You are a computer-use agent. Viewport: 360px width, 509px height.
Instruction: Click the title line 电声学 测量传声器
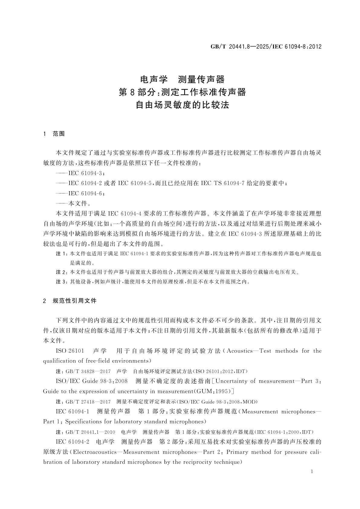183,79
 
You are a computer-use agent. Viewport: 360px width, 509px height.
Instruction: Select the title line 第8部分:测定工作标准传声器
182,92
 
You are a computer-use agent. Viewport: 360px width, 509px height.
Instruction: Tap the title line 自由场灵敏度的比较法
182,105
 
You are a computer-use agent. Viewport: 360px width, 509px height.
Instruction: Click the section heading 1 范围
54,134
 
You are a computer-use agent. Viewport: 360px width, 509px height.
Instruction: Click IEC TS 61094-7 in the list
222,183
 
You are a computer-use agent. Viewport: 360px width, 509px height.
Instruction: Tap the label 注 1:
62,254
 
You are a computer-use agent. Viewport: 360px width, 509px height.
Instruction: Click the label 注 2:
62,272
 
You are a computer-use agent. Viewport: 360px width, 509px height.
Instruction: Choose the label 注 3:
62,282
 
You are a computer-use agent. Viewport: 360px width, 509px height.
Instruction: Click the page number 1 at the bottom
312,472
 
